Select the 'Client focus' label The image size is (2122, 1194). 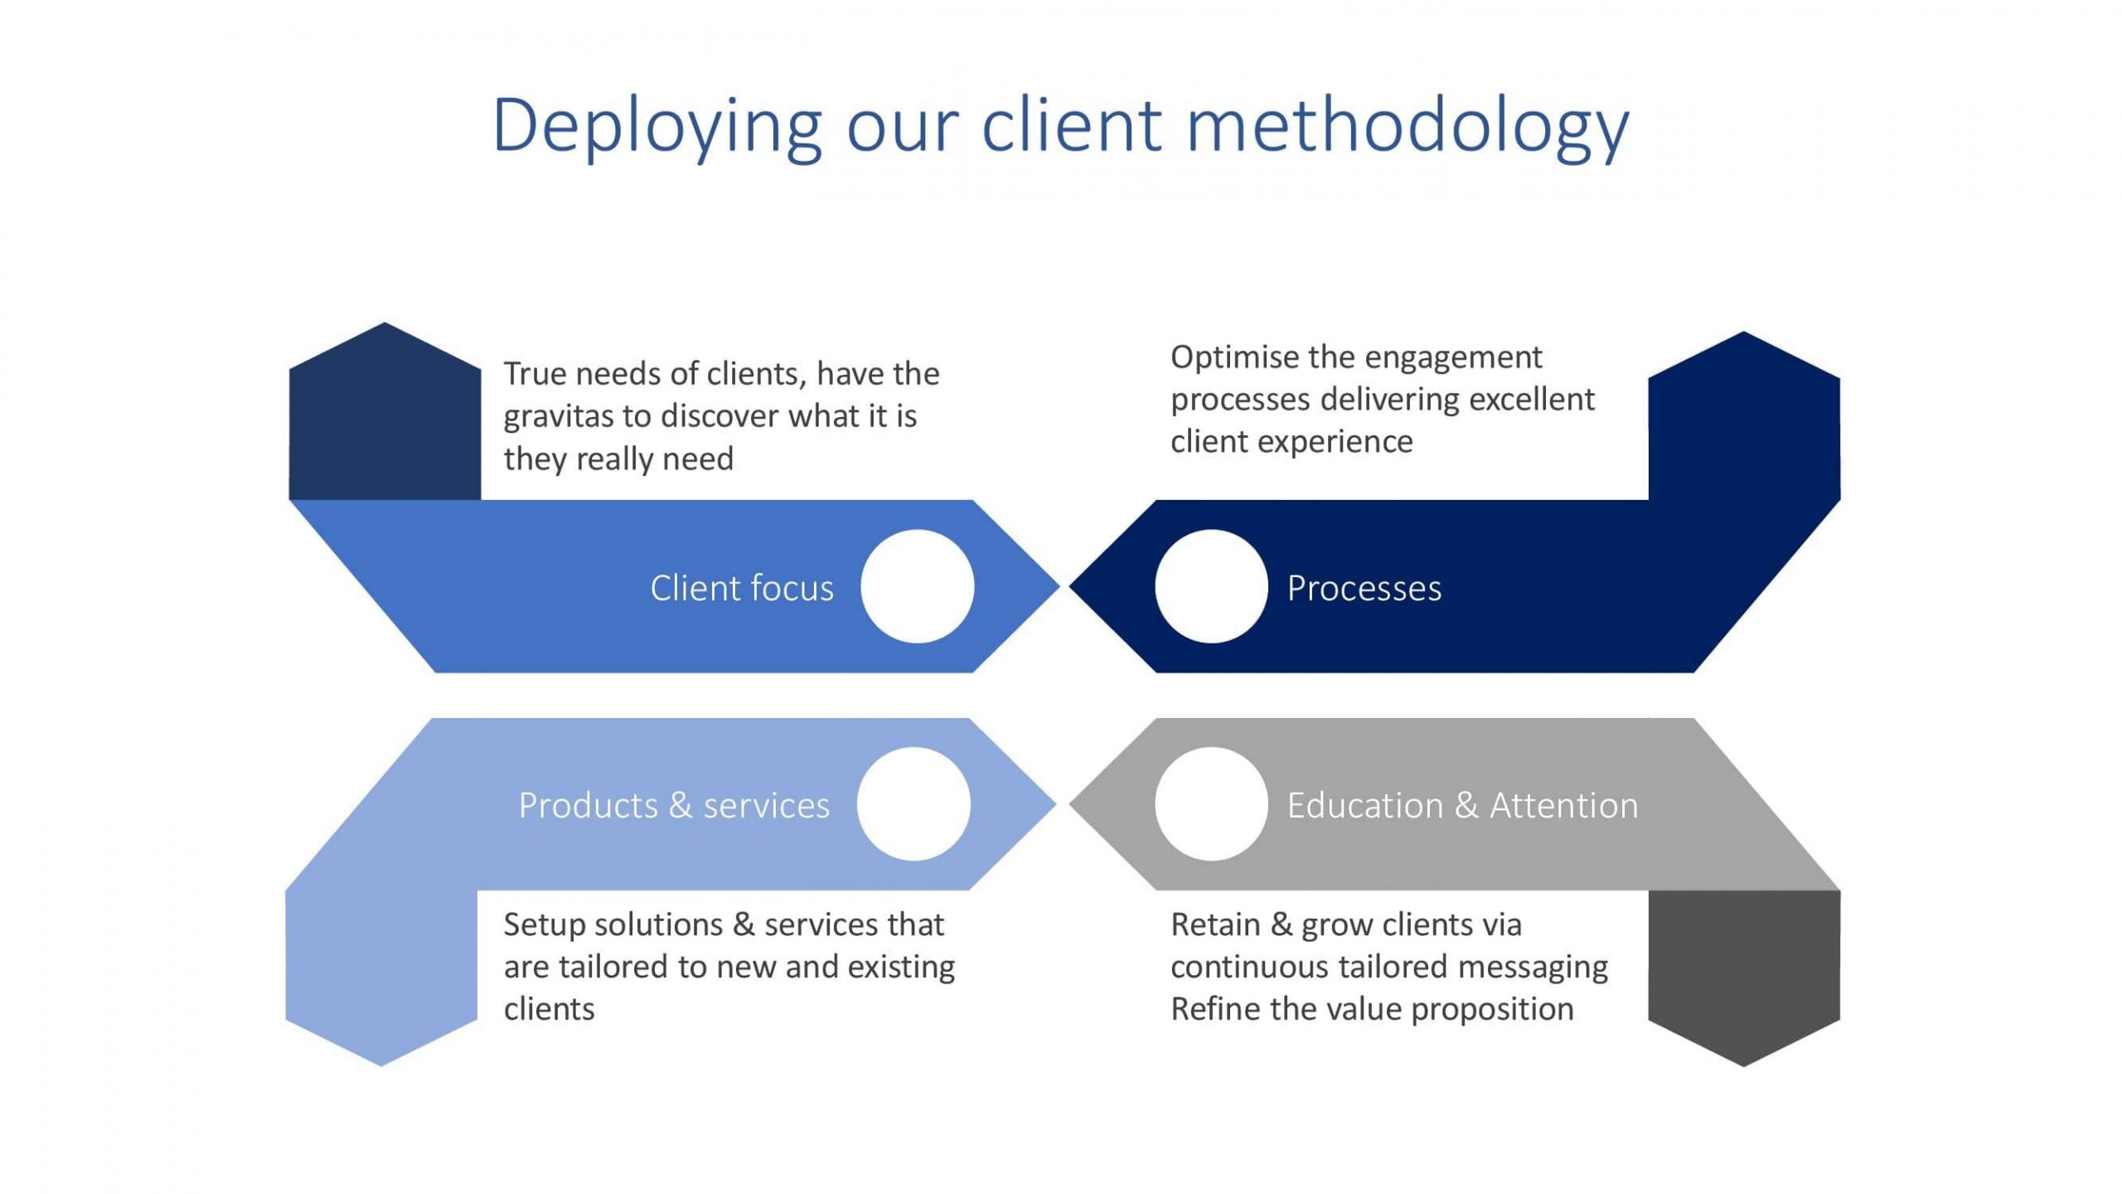click(742, 588)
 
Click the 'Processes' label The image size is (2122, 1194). click(1364, 588)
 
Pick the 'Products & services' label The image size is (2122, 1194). click(674, 805)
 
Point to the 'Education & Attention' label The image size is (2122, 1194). click(1462, 805)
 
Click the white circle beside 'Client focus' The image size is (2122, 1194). click(918, 586)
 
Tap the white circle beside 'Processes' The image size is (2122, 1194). click(1211, 586)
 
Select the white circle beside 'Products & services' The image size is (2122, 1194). click(913, 803)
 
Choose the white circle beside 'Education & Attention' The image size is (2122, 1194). click(1211, 803)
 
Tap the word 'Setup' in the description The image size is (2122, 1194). click(545, 925)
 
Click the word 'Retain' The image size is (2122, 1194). click(1215, 925)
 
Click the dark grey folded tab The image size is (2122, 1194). click(1744, 970)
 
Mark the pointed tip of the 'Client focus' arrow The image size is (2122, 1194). click(1059, 586)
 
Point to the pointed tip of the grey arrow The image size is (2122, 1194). click(1070, 803)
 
